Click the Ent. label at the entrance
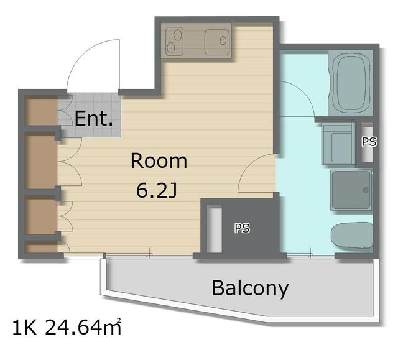coord(94,119)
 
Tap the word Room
coord(159,161)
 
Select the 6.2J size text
coord(156,190)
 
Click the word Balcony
coord(250,288)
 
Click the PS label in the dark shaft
coord(242,228)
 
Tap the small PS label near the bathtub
coord(369,142)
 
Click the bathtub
coord(350,83)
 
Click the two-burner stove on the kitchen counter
coord(175,42)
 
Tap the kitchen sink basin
coord(217,42)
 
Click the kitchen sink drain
coord(223,40)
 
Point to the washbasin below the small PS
coord(338,144)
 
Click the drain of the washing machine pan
coord(366,190)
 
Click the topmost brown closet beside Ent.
coord(41,111)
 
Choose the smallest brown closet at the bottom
coord(41,247)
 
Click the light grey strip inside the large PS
coord(214,229)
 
